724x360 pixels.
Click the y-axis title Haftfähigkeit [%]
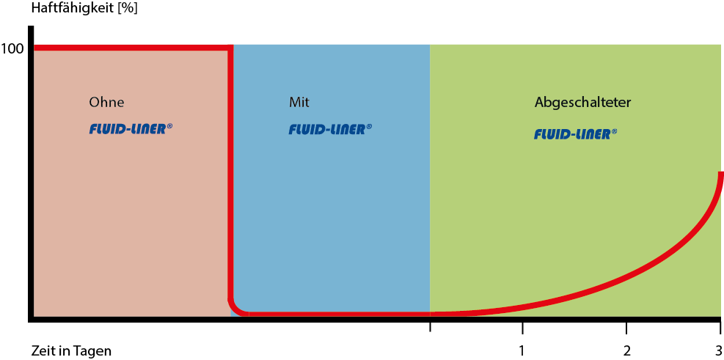[x=74, y=10]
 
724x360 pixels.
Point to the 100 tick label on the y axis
[x=12, y=49]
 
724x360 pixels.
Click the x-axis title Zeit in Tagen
[x=71, y=350]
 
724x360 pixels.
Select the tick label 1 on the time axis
[x=522, y=350]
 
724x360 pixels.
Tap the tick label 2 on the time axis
[x=626, y=350]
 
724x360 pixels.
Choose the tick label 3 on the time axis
[x=718, y=350]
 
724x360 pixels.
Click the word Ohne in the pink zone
[x=106, y=102]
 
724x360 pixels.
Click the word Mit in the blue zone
[x=299, y=102]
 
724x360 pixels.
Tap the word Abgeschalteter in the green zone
[x=582, y=102]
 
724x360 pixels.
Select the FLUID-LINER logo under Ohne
[x=131, y=130]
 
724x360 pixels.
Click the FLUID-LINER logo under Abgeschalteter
[x=575, y=134]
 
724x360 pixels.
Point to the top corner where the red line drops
[x=230, y=49]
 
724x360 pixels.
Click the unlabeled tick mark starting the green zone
[x=430, y=325]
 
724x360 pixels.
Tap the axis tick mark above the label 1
[x=522, y=325]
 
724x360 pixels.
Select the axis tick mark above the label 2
[x=626, y=325]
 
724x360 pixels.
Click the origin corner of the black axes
[x=31, y=318]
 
